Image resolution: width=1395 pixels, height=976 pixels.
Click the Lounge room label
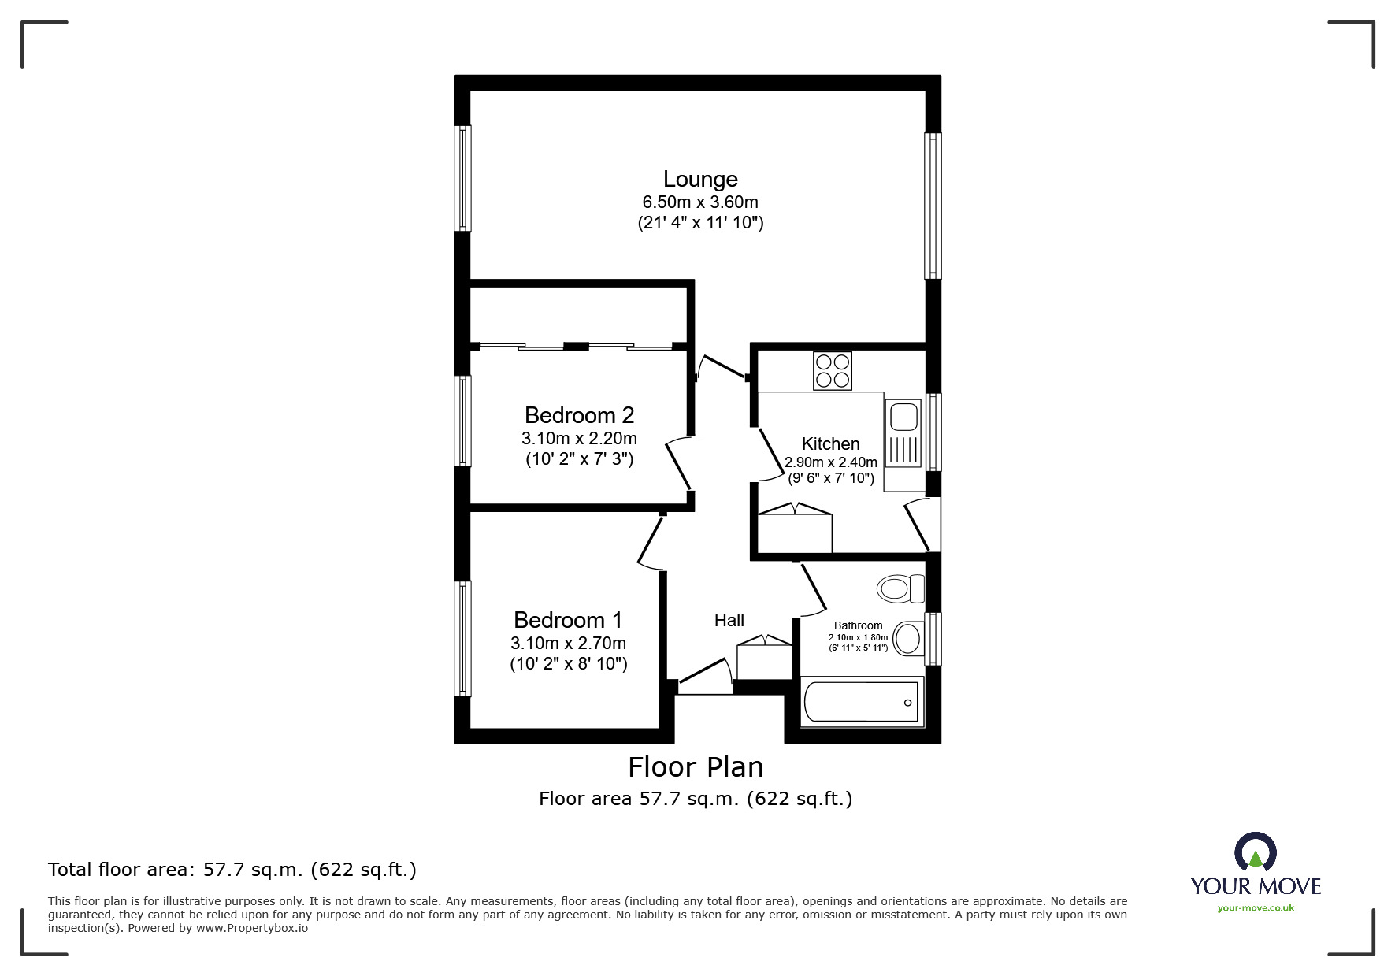(x=700, y=180)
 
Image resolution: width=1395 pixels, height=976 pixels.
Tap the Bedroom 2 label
(x=579, y=415)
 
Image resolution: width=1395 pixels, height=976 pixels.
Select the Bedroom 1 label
(x=568, y=620)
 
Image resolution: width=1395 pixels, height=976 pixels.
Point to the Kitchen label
(x=830, y=443)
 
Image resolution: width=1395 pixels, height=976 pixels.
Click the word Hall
(x=729, y=621)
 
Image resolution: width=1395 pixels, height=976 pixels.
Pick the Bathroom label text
(x=858, y=625)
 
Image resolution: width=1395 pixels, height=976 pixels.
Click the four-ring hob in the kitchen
(x=833, y=371)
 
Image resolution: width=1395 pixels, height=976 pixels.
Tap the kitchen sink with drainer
(x=903, y=433)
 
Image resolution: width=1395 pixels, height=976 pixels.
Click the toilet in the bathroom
(x=900, y=588)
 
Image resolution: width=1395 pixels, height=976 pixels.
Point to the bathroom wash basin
(x=910, y=638)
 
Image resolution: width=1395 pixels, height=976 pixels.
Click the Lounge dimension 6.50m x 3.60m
(x=700, y=202)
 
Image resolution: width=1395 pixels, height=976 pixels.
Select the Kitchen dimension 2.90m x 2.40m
(x=831, y=462)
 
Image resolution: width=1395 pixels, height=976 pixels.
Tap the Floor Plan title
(x=696, y=767)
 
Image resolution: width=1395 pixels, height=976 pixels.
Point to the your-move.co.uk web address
(x=1256, y=908)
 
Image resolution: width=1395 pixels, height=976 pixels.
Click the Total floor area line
(x=232, y=870)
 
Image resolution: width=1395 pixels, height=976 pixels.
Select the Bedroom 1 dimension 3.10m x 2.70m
(x=568, y=644)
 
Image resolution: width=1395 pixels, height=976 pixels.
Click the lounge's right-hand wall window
(x=933, y=206)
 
